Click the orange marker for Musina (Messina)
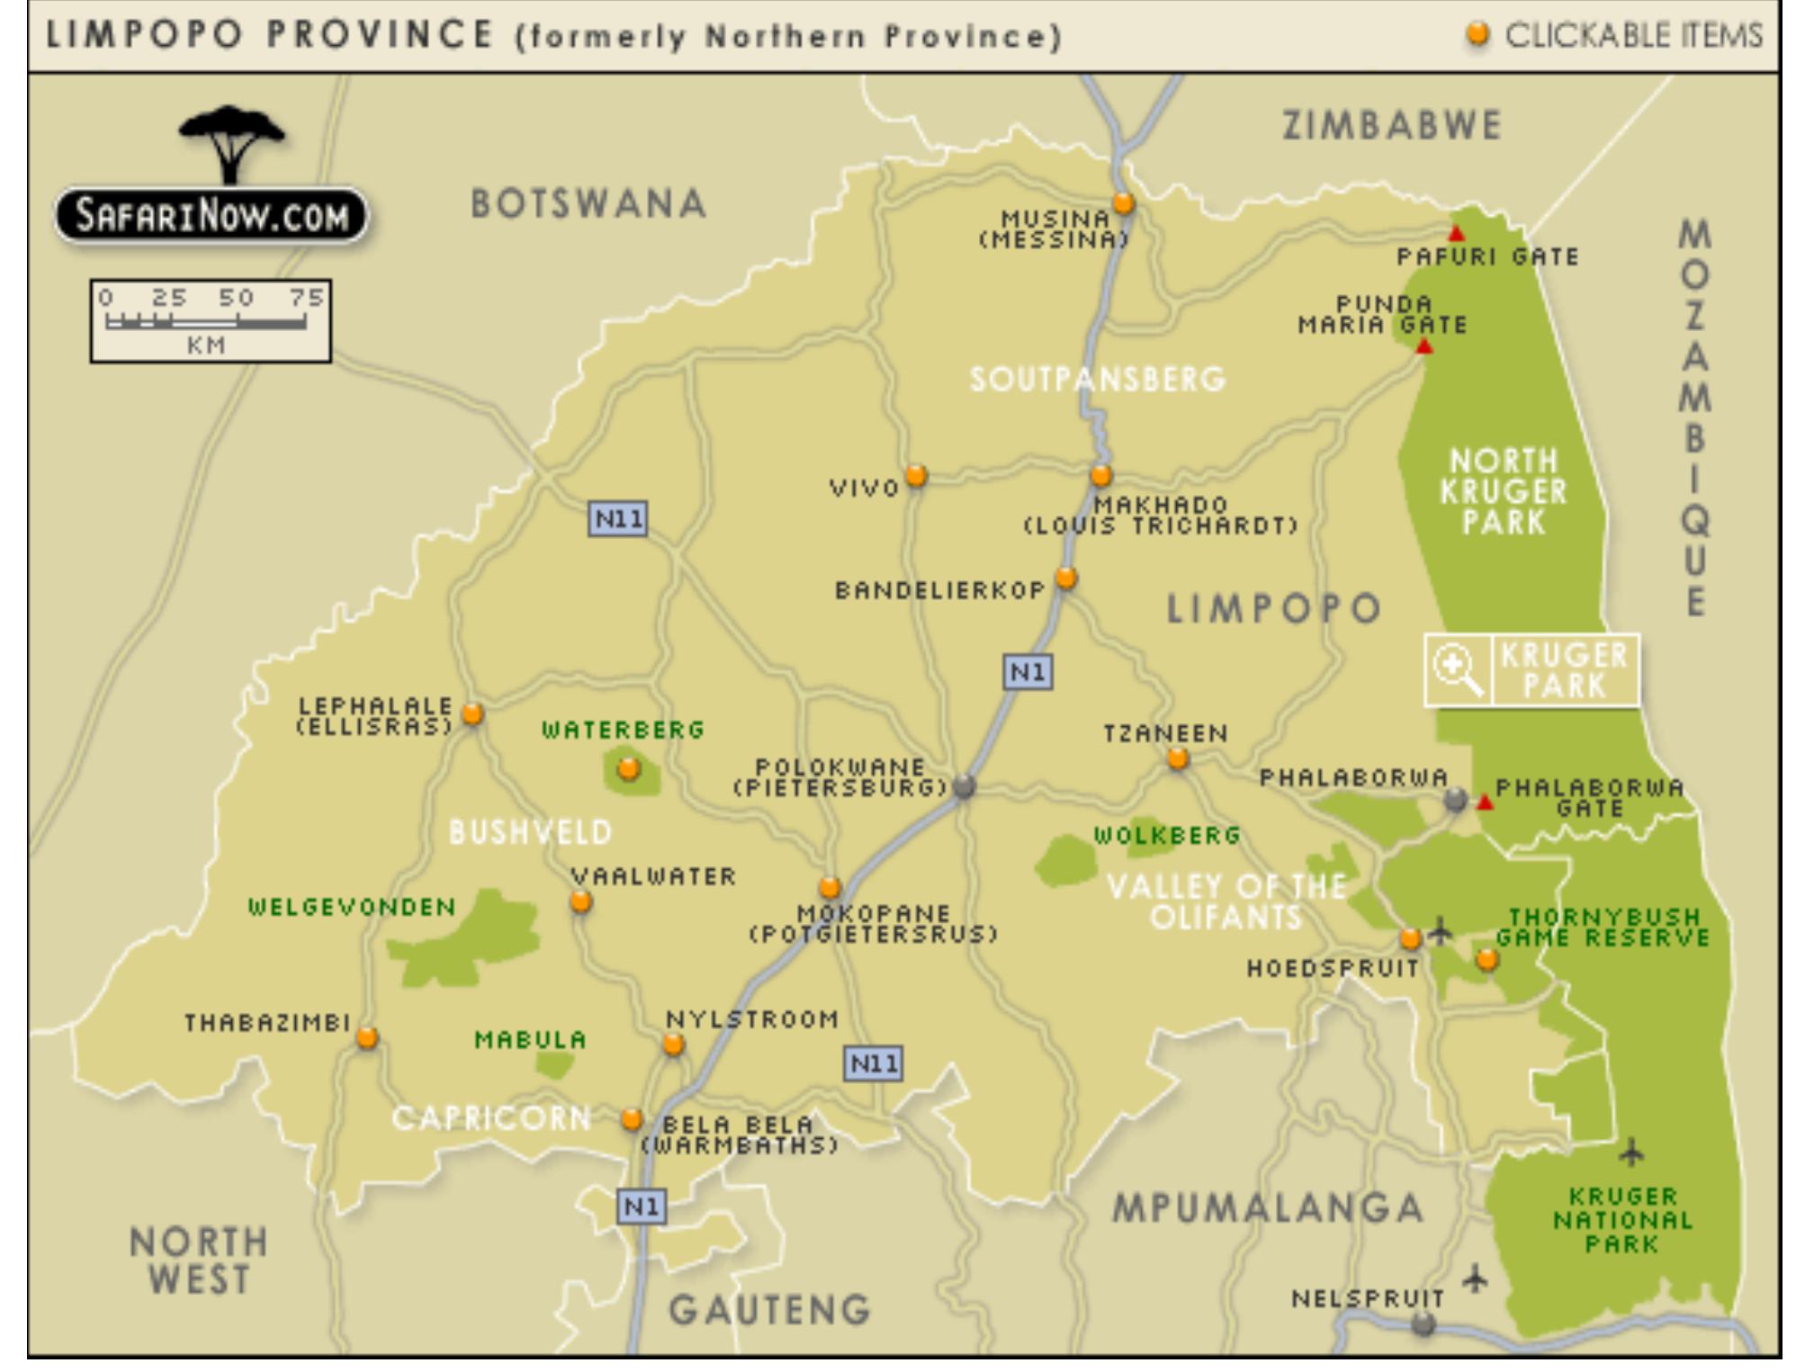[1122, 203]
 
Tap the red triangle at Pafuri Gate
[1456, 234]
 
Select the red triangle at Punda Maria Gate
[1423, 346]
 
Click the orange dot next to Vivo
[915, 475]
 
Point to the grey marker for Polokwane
[964, 786]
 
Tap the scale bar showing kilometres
[209, 321]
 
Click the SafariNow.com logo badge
[211, 216]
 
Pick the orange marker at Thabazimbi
[366, 1038]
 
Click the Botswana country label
[588, 204]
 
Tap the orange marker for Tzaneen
[1178, 759]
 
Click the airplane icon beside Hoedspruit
[1441, 930]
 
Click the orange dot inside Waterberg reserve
[629, 769]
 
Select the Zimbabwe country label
[1391, 125]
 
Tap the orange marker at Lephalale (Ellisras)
[471, 714]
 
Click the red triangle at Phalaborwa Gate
[1486, 803]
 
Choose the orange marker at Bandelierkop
[1066, 578]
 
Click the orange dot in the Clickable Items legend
[1477, 35]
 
